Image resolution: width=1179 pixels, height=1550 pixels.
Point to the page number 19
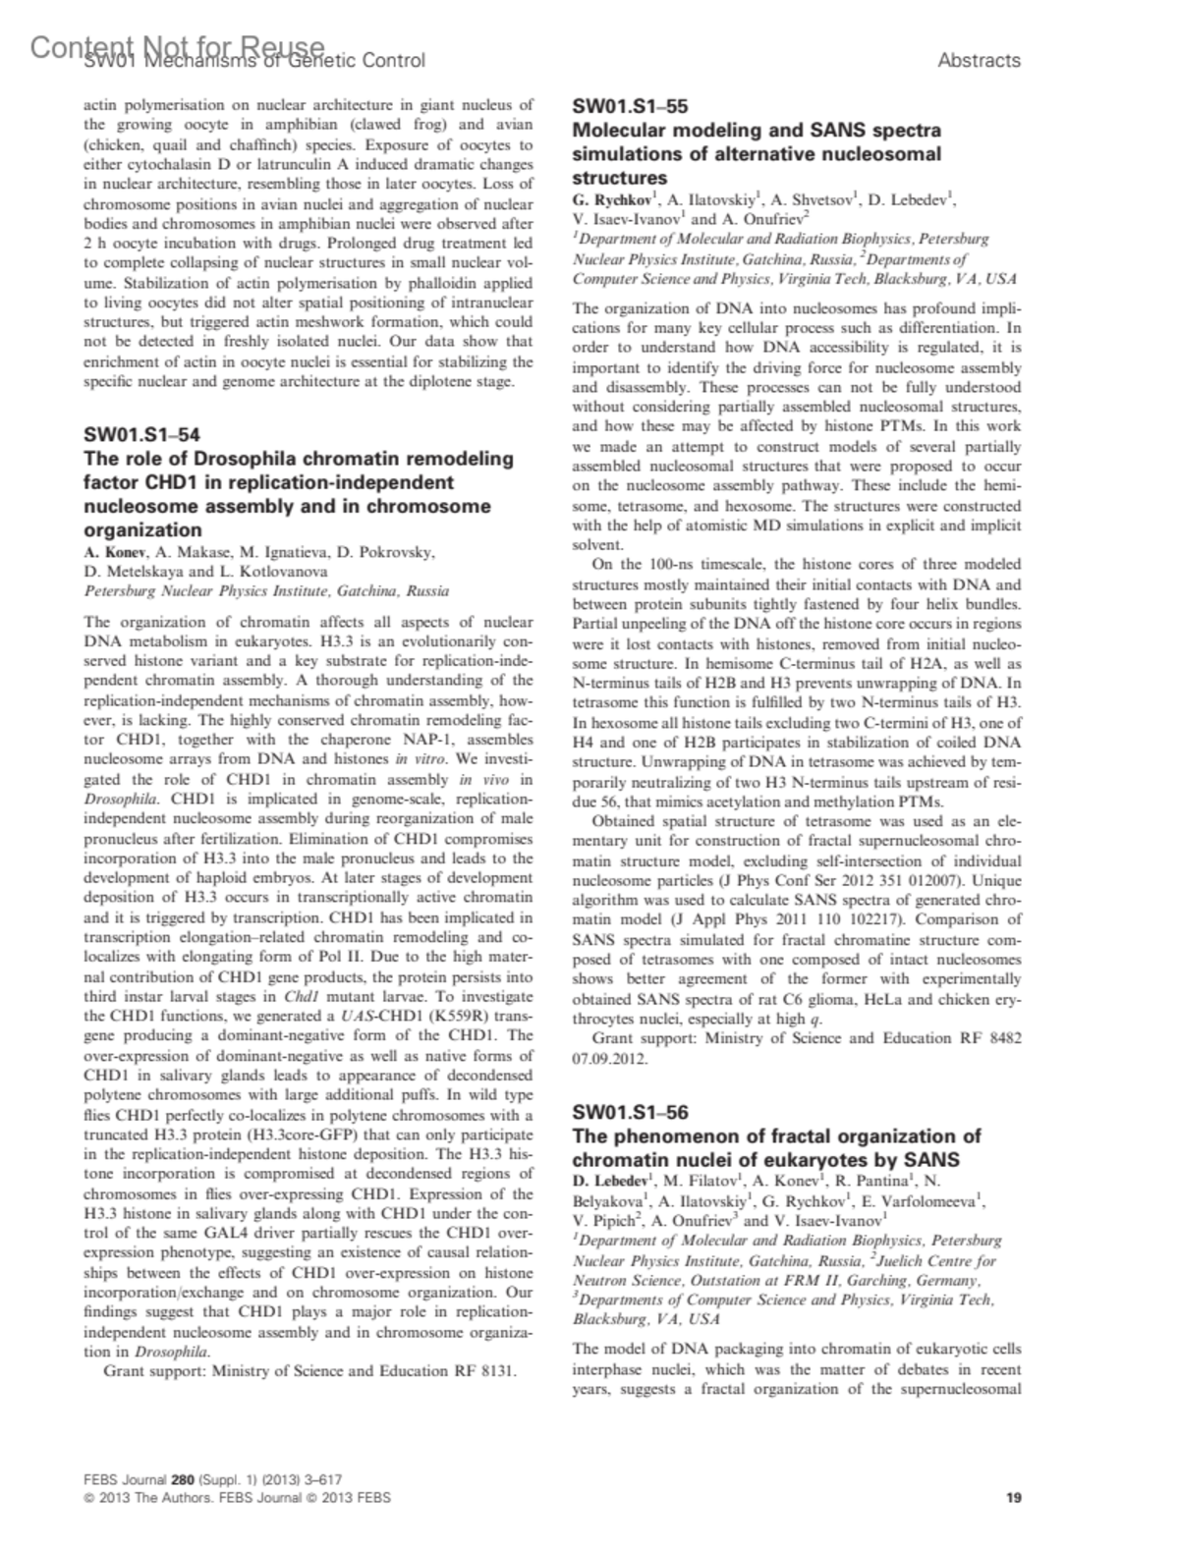click(x=1014, y=1498)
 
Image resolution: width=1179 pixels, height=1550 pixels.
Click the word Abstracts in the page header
click(x=979, y=61)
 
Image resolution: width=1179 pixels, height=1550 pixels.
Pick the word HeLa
click(x=857, y=999)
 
